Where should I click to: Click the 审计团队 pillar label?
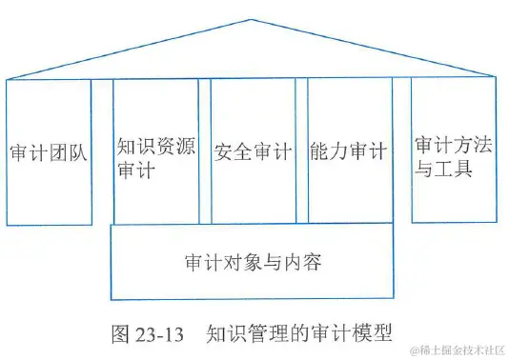(48, 152)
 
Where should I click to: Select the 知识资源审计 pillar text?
(156, 160)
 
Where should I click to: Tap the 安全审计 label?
(253, 151)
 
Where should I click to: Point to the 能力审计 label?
(349, 151)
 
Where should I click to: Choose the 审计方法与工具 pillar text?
(453, 159)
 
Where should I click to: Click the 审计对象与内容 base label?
(252, 261)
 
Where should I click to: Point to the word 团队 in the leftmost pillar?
(67, 152)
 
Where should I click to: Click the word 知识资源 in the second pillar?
(156, 148)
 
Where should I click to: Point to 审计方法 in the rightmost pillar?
(453, 147)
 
